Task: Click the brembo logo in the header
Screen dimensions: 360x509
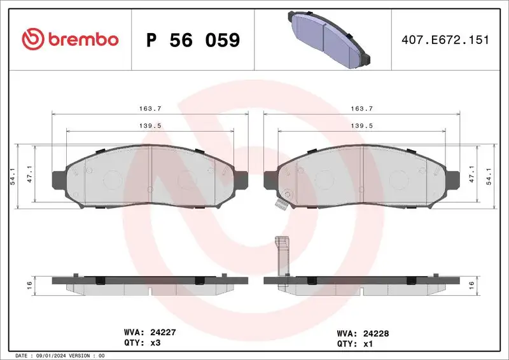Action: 70,39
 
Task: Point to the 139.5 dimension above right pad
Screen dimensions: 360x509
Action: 361,126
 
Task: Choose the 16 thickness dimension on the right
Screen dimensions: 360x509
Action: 471,284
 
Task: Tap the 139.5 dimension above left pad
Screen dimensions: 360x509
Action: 150,126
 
